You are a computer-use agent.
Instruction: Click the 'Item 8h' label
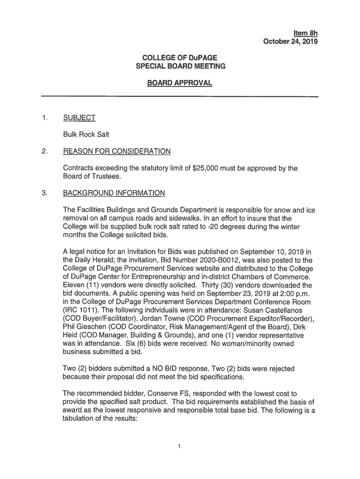coord(305,33)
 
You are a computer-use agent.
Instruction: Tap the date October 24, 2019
coord(290,42)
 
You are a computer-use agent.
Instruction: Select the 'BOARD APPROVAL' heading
coord(180,83)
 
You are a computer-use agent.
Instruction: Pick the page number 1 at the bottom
coord(180,446)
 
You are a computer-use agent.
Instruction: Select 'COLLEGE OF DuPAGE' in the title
coord(180,58)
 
